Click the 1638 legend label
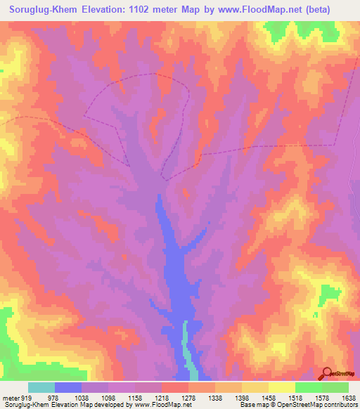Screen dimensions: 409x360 click(x=347, y=397)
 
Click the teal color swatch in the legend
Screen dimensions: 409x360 click(x=41, y=387)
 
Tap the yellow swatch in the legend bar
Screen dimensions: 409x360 click(x=282, y=387)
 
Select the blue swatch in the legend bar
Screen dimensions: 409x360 click(x=68, y=387)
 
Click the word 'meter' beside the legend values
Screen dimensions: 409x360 click(x=11, y=397)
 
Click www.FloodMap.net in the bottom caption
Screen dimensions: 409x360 click(x=150, y=405)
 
